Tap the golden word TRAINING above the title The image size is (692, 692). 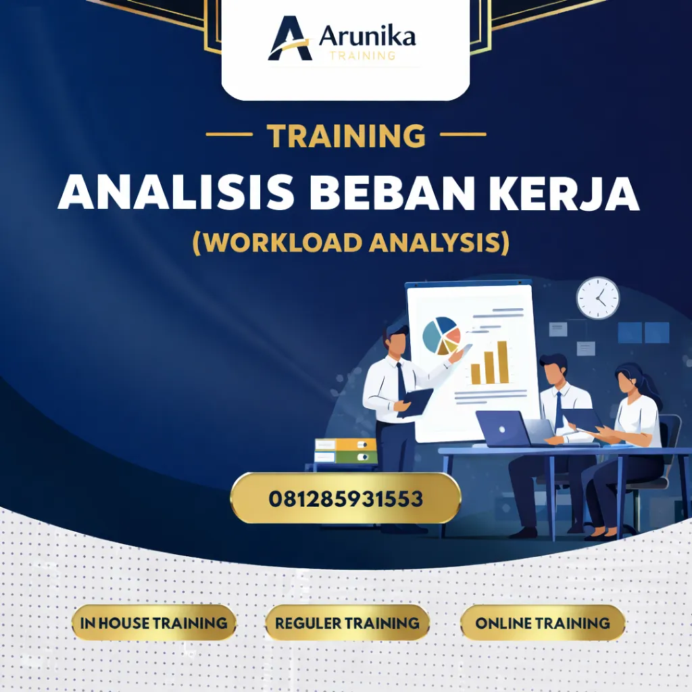point(346,136)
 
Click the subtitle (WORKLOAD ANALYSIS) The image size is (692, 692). point(351,241)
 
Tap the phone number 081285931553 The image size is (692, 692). point(345,499)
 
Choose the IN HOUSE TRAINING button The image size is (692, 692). point(154,622)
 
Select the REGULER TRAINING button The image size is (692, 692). point(347,622)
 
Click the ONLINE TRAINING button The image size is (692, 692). point(543,622)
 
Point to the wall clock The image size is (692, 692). point(598,298)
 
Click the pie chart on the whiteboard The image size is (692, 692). point(441,335)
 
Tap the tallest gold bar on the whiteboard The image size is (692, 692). point(502,362)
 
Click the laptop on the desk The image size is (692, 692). point(503,428)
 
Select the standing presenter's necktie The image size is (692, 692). point(401,381)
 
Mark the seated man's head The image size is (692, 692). point(553,370)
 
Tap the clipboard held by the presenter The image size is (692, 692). point(417,403)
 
